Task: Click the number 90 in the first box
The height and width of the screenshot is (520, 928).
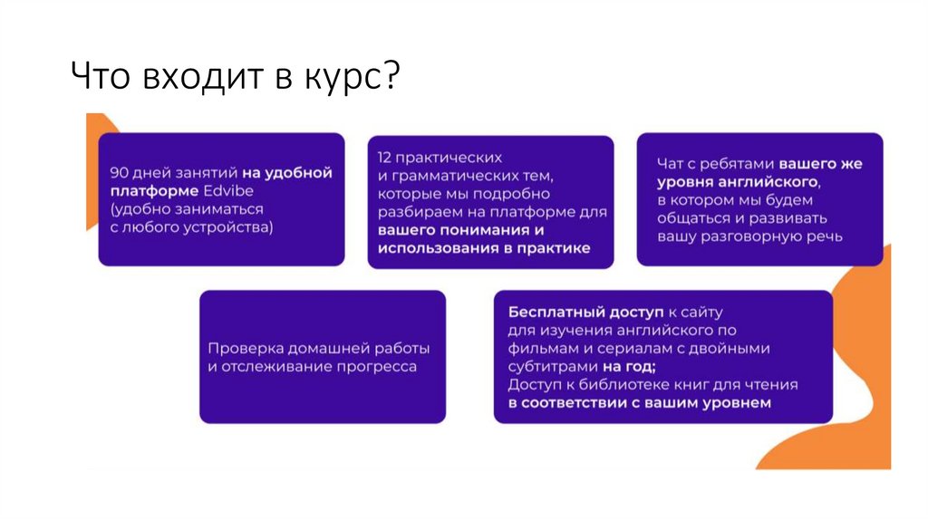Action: (119, 172)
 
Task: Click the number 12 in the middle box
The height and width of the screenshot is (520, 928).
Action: (385, 156)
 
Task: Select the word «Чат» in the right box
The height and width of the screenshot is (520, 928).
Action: (672, 164)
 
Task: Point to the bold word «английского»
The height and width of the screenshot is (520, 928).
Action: (770, 182)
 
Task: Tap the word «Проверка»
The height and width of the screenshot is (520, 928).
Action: (244, 348)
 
